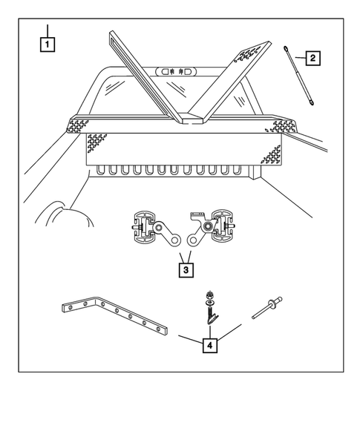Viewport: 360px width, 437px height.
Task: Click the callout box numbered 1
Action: tap(47, 45)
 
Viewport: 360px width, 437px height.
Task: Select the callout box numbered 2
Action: tap(312, 59)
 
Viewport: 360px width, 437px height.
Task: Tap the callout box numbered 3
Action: tap(186, 270)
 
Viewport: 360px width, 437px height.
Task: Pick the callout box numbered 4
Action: tap(210, 345)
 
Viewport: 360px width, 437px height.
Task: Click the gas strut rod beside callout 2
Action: tap(299, 76)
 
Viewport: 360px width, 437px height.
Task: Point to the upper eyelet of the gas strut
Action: tap(286, 49)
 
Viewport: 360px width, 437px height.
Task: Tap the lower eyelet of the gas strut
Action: tap(312, 103)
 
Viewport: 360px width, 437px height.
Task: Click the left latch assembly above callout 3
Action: tap(155, 229)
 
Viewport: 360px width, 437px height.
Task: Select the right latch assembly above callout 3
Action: tap(211, 229)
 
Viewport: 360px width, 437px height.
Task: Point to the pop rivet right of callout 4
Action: tap(267, 308)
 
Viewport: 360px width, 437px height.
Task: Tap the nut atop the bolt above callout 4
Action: tap(209, 295)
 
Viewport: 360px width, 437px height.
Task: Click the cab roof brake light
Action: tap(176, 72)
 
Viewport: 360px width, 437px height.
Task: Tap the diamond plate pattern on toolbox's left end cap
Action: tap(77, 126)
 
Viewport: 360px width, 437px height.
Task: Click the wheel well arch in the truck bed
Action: tap(65, 213)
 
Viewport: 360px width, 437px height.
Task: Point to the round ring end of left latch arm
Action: tap(175, 240)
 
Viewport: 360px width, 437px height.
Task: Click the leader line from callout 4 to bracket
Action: tap(191, 339)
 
